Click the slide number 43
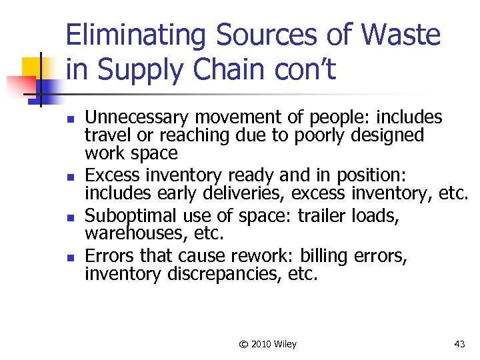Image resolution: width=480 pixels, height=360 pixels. coord(459,344)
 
